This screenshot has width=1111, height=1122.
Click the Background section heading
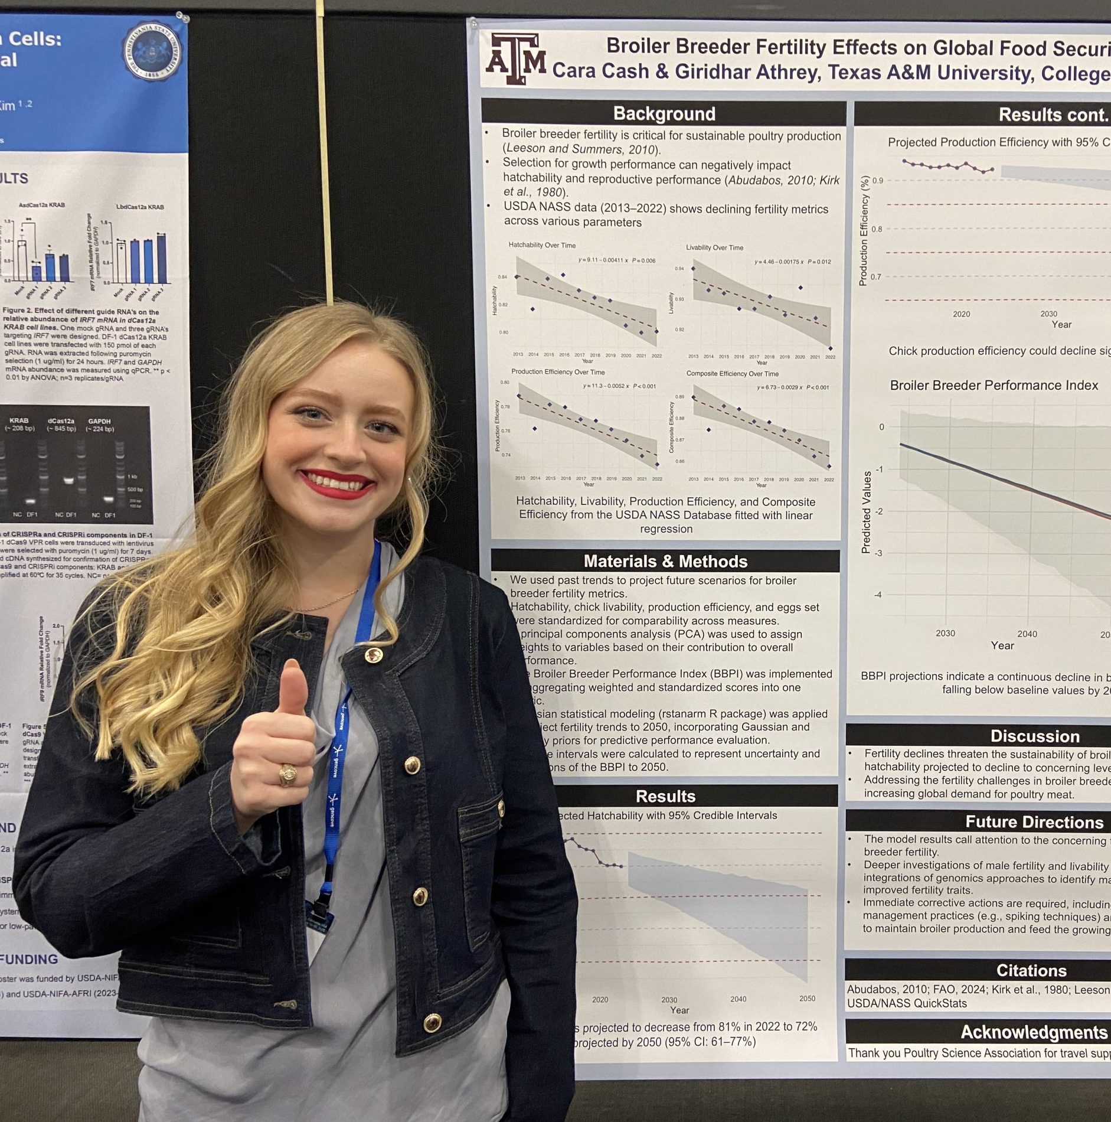point(664,113)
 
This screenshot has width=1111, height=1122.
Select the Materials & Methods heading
point(665,561)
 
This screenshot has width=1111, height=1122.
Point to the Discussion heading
point(1034,736)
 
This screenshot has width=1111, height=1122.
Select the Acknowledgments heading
point(1034,1032)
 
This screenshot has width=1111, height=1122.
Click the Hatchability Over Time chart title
point(542,245)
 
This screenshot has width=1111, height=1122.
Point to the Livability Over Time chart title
point(714,247)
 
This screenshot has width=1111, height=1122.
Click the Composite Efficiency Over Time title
point(732,374)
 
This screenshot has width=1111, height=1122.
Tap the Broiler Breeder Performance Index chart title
point(994,386)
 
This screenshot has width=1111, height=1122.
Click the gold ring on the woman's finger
point(289,774)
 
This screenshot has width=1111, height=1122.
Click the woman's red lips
point(336,483)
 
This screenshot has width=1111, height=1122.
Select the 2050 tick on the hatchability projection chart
point(807,999)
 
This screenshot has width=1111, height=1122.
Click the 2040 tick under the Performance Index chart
point(1027,634)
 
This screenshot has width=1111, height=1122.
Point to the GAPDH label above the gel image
point(100,421)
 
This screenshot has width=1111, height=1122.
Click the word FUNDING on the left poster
point(29,959)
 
